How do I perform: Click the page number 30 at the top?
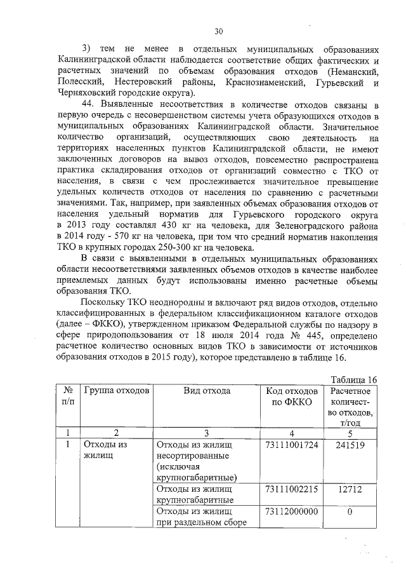(x=219, y=30)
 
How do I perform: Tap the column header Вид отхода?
(x=207, y=391)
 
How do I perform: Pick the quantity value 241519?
(x=350, y=445)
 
